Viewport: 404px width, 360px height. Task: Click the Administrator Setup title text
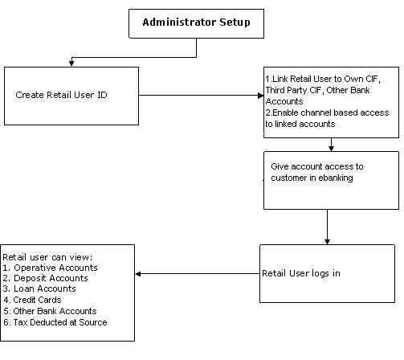(x=196, y=22)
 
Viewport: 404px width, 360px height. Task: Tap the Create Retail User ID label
(x=61, y=95)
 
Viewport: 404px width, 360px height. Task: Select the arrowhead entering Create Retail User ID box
(x=71, y=63)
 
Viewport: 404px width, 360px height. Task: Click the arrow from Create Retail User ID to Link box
(x=201, y=95)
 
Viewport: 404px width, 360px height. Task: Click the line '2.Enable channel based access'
(x=327, y=112)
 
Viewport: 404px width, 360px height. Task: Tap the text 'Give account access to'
(x=317, y=166)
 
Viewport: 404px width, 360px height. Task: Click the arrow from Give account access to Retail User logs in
(x=327, y=227)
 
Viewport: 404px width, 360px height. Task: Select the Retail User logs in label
(x=301, y=273)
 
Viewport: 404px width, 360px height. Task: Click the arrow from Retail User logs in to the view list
(x=198, y=274)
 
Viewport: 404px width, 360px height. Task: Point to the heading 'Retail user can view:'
(x=47, y=257)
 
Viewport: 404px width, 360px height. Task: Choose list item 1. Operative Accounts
(x=51, y=268)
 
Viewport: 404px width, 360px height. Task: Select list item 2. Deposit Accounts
(x=45, y=278)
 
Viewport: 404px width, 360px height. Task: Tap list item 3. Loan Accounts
(x=39, y=288)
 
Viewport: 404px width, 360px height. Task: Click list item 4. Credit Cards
(x=32, y=300)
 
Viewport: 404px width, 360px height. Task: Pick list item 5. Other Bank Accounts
(x=50, y=311)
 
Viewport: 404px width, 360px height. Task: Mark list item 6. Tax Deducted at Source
(x=55, y=322)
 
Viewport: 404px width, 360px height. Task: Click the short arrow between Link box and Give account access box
(x=331, y=145)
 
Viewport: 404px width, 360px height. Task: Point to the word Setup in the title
(x=235, y=22)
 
